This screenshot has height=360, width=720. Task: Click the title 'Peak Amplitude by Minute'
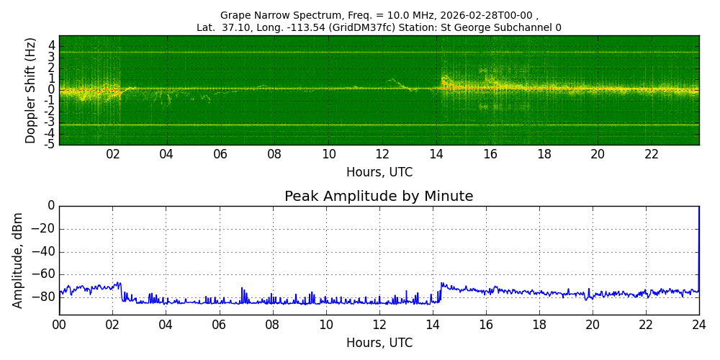coord(379,197)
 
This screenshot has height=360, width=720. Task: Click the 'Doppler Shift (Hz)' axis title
coord(31,90)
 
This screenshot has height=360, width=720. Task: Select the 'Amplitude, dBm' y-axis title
coord(18,260)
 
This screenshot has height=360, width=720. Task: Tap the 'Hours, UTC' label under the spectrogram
coord(379,173)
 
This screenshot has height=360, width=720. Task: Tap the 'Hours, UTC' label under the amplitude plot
coord(379,343)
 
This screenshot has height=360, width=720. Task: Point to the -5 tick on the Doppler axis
coord(51,144)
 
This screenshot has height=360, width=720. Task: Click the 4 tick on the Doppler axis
coord(52,45)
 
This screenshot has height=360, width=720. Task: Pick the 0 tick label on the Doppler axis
coord(52,90)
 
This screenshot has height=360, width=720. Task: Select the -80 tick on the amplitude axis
coord(46,296)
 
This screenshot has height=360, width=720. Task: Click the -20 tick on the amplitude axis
coord(46,229)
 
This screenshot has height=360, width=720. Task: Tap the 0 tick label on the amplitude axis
coord(51,206)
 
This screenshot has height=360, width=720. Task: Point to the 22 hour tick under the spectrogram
coord(652,155)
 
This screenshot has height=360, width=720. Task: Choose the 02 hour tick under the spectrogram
coord(113,155)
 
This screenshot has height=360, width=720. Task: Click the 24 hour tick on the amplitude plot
coord(699,325)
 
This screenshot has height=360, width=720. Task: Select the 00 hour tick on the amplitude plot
coord(59,325)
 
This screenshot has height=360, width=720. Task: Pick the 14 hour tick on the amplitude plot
coord(433,325)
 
